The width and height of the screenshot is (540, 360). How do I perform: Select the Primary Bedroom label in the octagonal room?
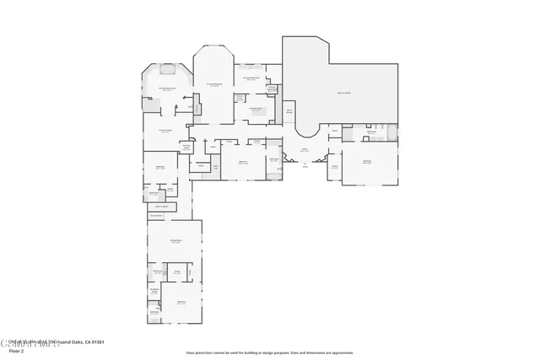[215, 84]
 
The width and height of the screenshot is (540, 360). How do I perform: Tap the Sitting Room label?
[175, 241]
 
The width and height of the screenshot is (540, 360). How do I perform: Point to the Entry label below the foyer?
[305, 165]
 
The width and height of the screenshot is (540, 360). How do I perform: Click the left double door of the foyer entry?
[301, 161]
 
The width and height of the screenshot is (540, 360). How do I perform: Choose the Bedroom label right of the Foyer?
[367, 161]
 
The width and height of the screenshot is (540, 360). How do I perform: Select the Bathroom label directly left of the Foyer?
[274, 159]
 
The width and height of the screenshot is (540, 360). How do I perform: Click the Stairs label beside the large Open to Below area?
[289, 110]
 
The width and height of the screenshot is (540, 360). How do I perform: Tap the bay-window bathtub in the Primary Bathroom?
[165, 70]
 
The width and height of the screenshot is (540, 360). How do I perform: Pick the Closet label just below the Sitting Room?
[178, 271]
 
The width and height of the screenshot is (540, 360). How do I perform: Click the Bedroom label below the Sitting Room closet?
[181, 302]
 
